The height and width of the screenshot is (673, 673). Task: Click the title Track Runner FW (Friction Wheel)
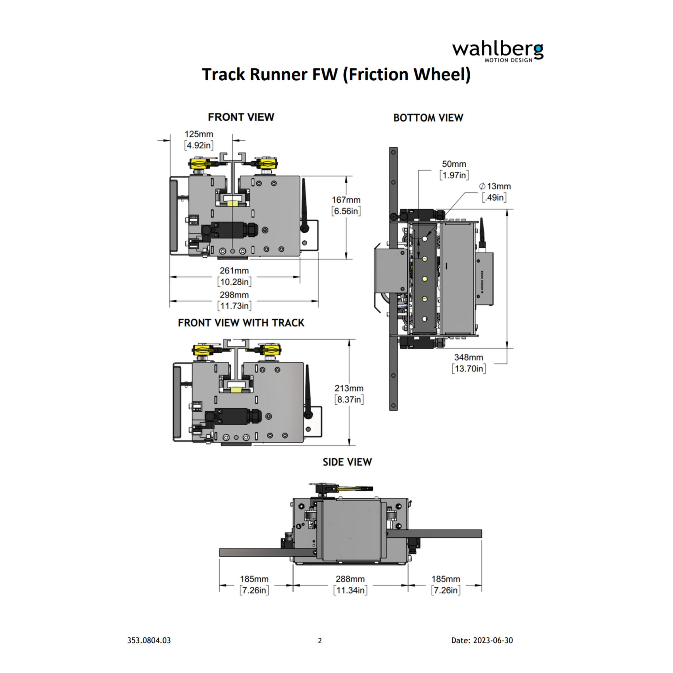point(336,75)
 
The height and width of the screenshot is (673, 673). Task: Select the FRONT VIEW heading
point(241,117)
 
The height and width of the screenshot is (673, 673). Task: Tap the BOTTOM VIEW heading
point(428,118)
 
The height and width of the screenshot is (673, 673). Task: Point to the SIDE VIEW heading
point(347,462)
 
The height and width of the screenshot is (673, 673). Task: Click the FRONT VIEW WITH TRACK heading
point(241,323)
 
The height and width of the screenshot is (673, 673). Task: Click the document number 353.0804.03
point(149,640)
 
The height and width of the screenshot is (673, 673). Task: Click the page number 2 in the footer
point(320,640)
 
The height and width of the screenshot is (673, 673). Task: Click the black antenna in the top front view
point(304,205)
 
